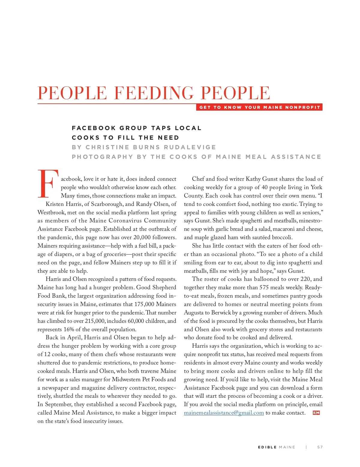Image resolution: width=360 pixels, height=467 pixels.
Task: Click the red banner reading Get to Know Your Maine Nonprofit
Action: pos(259,107)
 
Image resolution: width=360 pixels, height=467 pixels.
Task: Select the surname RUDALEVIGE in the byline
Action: pos(190,147)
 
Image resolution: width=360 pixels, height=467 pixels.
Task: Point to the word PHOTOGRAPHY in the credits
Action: pos(102,157)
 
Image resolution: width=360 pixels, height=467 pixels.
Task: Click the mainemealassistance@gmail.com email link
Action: pos(224,413)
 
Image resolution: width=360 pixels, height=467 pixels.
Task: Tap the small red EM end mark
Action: pos(316,413)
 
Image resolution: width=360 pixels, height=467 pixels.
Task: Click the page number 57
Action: pos(320,447)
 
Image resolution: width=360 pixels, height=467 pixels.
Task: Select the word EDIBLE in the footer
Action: pos(267,447)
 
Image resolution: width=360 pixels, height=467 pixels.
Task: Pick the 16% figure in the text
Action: pos(68,329)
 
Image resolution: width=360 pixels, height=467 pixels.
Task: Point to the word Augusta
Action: pos(193,313)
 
